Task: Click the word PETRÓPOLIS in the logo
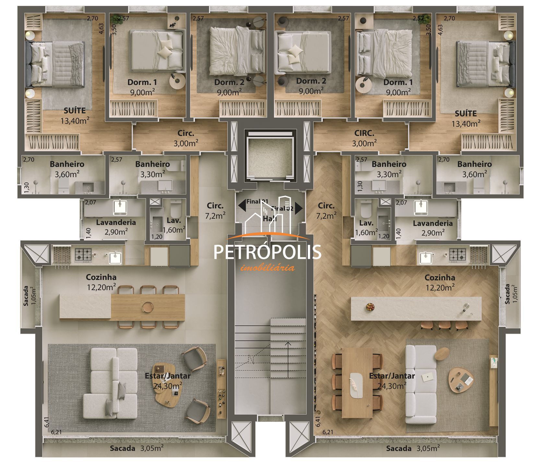(x=268, y=252)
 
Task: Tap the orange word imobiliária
(x=268, y=268)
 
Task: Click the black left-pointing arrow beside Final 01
(x=242, y=205)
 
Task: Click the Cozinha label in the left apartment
(x=101, y=277)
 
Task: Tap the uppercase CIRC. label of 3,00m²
(x=364, y=133)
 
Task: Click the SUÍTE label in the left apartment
(x=75, y=111)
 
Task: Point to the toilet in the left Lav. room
(x=176, y=210)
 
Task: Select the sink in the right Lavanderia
(x=421, y=208)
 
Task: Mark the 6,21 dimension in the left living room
(x=56, y=432)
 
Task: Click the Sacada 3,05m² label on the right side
(x=412, y=449)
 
